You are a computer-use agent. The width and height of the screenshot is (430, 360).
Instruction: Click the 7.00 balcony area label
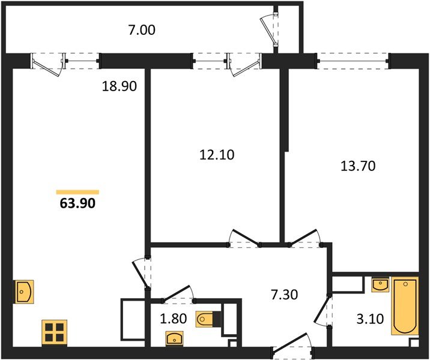[142, 29]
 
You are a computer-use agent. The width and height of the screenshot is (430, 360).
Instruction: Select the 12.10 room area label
[217, 155]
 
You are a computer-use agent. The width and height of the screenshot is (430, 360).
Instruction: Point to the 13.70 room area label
[358, 166]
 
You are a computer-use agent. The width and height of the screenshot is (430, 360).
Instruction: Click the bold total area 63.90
[77, 203]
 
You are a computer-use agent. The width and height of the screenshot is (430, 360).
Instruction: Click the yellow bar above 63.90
[77, 192]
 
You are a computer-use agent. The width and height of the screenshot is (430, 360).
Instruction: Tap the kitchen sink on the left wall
[23, 292]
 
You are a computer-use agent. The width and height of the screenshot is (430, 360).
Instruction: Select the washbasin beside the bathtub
[380, 284]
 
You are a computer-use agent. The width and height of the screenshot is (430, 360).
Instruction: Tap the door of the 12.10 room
[245, 238]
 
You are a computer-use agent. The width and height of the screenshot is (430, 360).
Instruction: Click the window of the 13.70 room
[353, 59]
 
